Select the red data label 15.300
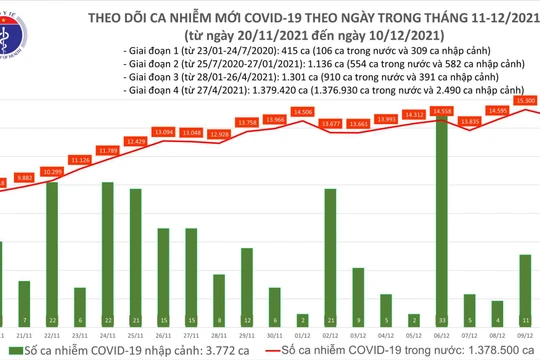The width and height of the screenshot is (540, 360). click(524, 101)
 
